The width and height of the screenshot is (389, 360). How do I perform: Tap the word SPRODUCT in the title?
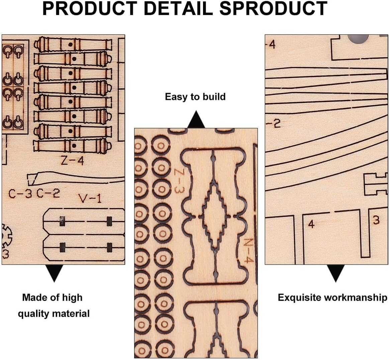pyautogui.click(x=274, y=9)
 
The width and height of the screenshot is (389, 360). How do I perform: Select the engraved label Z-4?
pyautogui.click(x=72, y=161)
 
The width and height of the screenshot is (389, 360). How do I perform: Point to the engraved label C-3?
pyautogui.click(x=20, y=194)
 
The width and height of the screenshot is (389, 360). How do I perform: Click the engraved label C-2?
pyautogui.click(x=48, y=193)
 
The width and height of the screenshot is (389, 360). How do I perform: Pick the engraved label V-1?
pyautogui.click(x=90, y=199)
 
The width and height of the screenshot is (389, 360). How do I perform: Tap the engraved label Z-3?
pyautogui.click(x=180, y=181)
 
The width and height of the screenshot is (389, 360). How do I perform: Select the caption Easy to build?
pyautogui.click(x=195, y=97)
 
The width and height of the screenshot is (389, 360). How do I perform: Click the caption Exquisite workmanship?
pyautogui.click(x=332, y=297)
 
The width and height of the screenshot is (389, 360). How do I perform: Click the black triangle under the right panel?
pyautogui.click(x=335, y=273)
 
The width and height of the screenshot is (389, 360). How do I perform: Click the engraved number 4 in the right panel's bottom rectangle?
pyautogui.click(x=311, y=224)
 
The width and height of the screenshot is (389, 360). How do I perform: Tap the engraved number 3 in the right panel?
pyautogui.click(x=376, y=220)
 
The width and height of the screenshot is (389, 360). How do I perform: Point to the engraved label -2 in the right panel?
pyautogui.click(x=273, y=124)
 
